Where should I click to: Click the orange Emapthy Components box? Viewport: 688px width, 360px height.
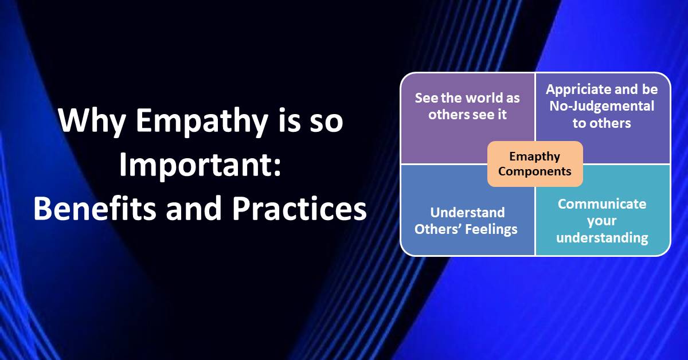534,164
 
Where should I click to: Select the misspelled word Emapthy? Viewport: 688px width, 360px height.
534,156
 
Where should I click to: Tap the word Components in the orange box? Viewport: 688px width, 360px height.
534,171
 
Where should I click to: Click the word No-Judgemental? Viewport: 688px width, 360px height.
602,106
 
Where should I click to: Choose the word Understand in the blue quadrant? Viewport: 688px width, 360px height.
467,212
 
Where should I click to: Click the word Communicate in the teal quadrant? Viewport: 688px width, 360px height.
602,204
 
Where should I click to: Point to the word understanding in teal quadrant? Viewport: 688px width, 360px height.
602,238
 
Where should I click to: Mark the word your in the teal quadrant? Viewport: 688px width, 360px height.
602,221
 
